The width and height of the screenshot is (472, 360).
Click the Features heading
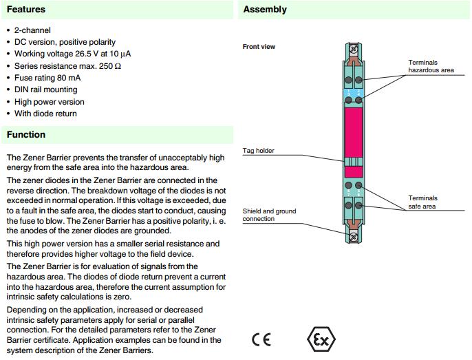click(x=26, y=10)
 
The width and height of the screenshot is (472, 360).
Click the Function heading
click(x=26, y=134)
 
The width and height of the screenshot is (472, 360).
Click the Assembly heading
click(x=265, y=10)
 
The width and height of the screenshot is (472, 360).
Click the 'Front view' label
click(x=259, y=47)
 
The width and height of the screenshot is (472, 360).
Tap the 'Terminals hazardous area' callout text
click(x=431, y=66)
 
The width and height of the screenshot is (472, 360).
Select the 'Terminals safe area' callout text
click(x=422, y=202)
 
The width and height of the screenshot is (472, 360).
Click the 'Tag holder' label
click(x=258, y=150)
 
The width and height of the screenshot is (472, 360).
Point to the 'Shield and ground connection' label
click(x=269, y=215)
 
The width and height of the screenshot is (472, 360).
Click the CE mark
click(x=261, y=340)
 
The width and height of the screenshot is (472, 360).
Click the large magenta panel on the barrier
click(x=354, y=131)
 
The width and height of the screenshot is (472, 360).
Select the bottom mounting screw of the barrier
click(x=354, y=237)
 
